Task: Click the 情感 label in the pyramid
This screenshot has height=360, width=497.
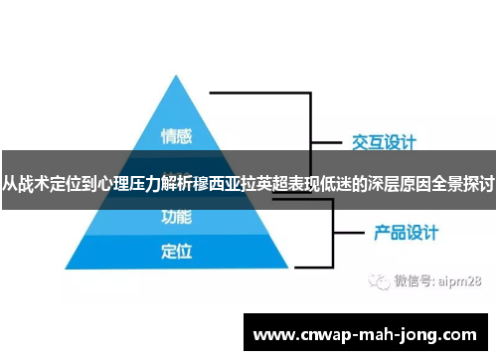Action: coord(176,135)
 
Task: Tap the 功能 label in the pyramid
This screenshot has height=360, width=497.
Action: coord(176,214)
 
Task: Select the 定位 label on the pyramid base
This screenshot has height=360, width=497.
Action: coord(176,250)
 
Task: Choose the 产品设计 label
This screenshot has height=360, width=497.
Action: coord(406,234)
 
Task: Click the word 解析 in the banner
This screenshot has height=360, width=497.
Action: coord(172,183)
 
